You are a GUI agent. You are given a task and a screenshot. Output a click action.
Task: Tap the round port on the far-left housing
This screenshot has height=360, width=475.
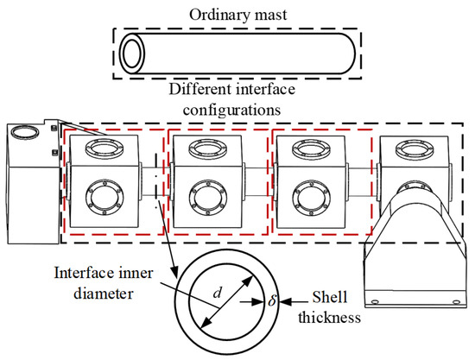coord(27,135)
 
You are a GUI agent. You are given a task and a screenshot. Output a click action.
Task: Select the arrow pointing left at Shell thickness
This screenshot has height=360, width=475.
coord(286,302)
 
